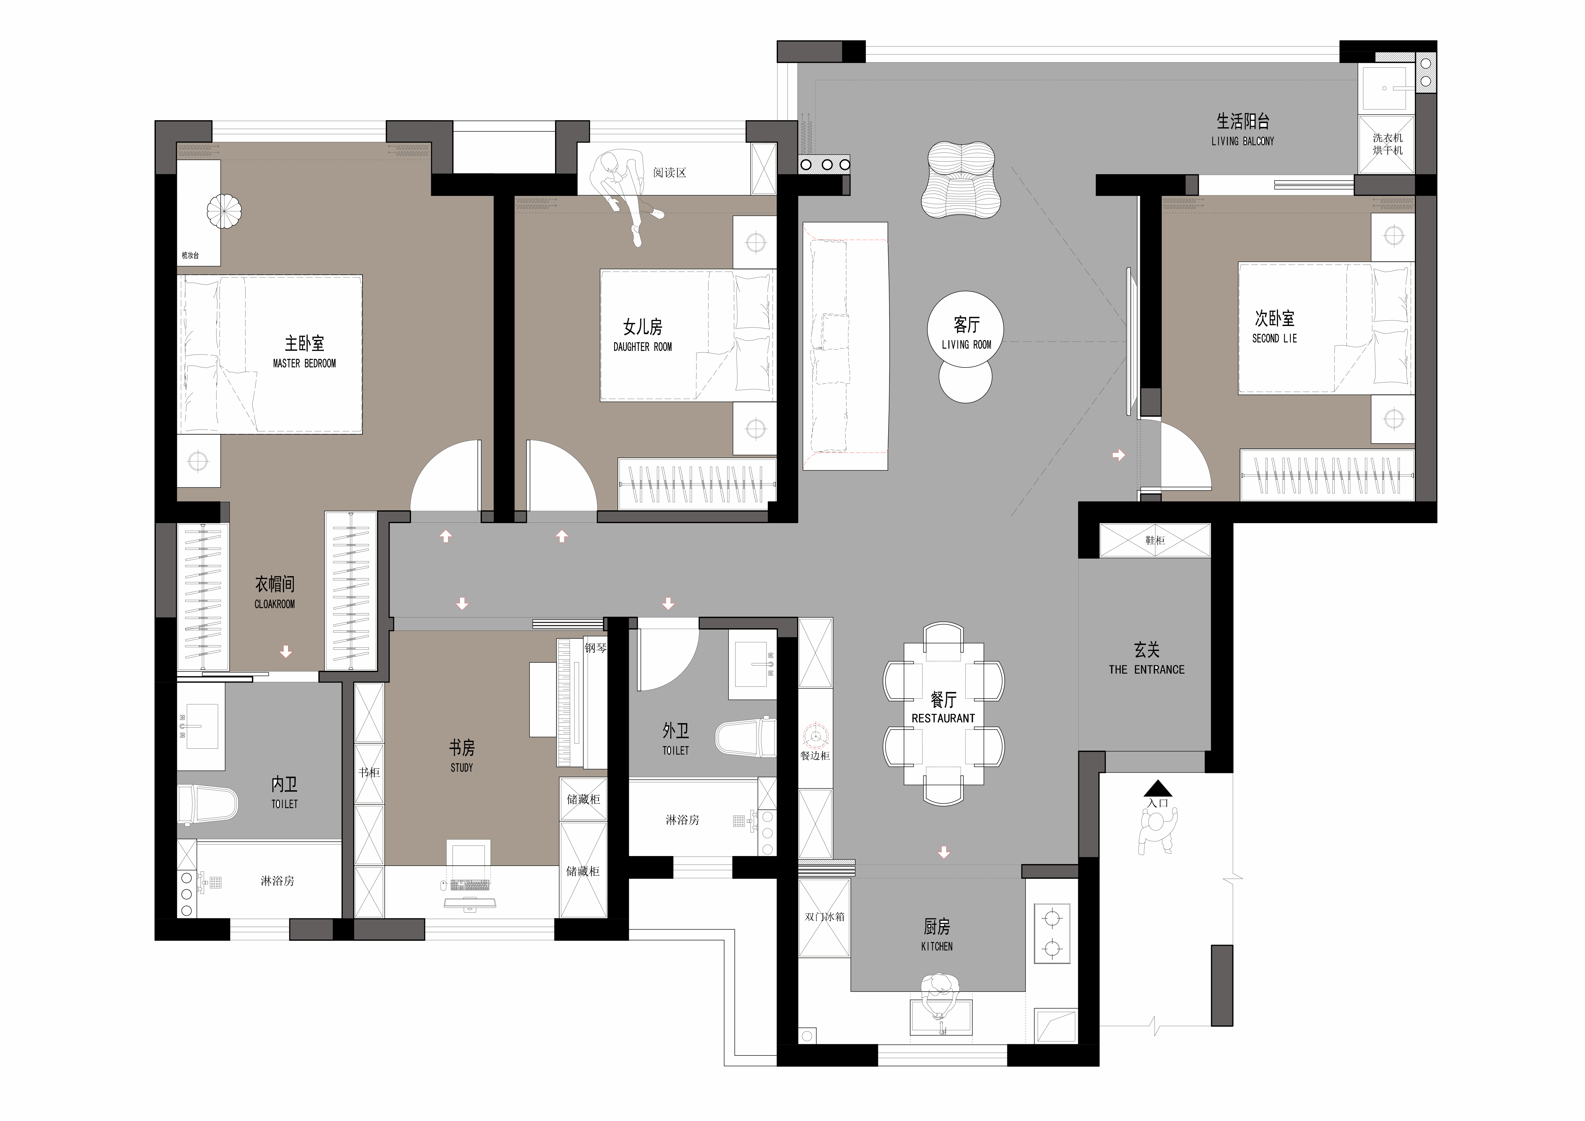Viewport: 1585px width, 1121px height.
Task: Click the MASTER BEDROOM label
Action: [x=304, y=363]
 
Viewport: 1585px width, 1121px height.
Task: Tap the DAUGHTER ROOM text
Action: [x=643, y=347]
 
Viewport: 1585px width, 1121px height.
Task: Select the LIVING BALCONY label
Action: [x=1243, y=141]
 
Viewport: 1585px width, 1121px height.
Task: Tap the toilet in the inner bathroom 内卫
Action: [x=207, y=803]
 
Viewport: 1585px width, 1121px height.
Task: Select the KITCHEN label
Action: [x=937, y=946]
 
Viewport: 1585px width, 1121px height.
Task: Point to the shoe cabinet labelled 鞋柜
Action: [x=1155, y=540]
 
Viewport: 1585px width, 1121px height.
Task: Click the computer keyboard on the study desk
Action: [x=469, y=885]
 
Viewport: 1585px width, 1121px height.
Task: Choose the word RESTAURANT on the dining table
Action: [x=943, y=718]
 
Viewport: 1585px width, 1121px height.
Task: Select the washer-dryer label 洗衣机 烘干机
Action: [x=1388, y=144]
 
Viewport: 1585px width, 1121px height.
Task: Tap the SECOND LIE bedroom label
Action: [x=1274, y=338]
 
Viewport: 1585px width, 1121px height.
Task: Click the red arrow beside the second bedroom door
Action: [x=1119, y=455]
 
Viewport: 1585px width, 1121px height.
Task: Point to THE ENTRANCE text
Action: [x=1147, y=669]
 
